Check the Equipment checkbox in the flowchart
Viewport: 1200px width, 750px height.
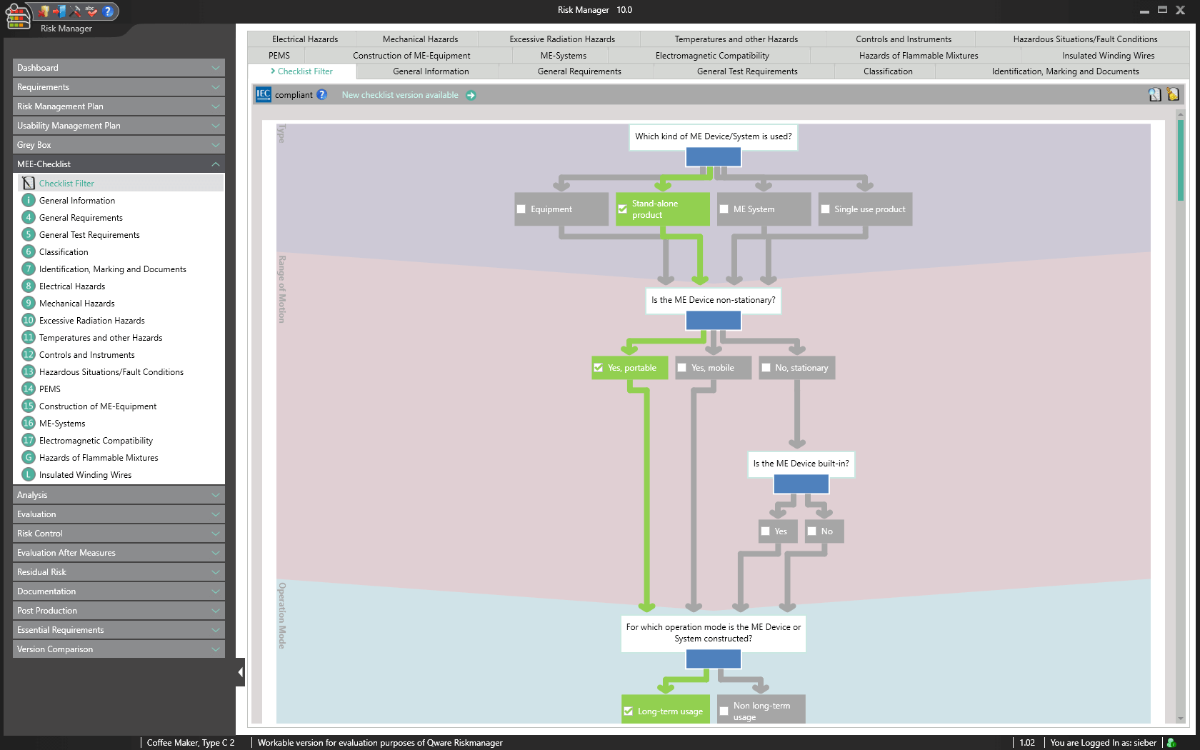click(x=521, y=209)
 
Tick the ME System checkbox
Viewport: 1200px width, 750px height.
click(x=724, y=209)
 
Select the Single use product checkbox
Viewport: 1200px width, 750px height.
click(x=826, y=209)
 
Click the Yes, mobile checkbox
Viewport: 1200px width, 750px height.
click(x=682, y=368)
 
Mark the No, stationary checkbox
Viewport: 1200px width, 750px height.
click(x=766, y=368)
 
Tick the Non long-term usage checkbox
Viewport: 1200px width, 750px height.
click(x=724, y=711)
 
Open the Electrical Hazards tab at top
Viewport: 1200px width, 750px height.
click(x=305, y=39)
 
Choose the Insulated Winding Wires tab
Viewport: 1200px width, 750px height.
click(x=1108, y=56)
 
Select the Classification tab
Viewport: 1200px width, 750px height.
click(x=888, y=71)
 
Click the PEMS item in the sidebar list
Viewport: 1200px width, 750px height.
click(x=50, y=389)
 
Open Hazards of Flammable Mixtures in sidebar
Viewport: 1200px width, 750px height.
click(x=99, y=458)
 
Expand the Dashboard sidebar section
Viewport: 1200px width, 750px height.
click(x=119, y=68)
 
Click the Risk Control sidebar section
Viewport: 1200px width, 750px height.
click(x=119, y=534)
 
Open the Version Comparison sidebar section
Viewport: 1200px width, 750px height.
click(x=119, y=649)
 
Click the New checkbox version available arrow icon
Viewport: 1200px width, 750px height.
click(x=471, y=95)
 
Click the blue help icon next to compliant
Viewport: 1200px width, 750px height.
click(x=322, y=94)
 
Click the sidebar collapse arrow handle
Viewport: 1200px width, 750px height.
click(x=240, y=672)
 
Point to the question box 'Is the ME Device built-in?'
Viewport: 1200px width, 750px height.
click(x=801, y=464)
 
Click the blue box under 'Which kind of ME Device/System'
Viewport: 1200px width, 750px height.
click(x=713, y=157)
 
